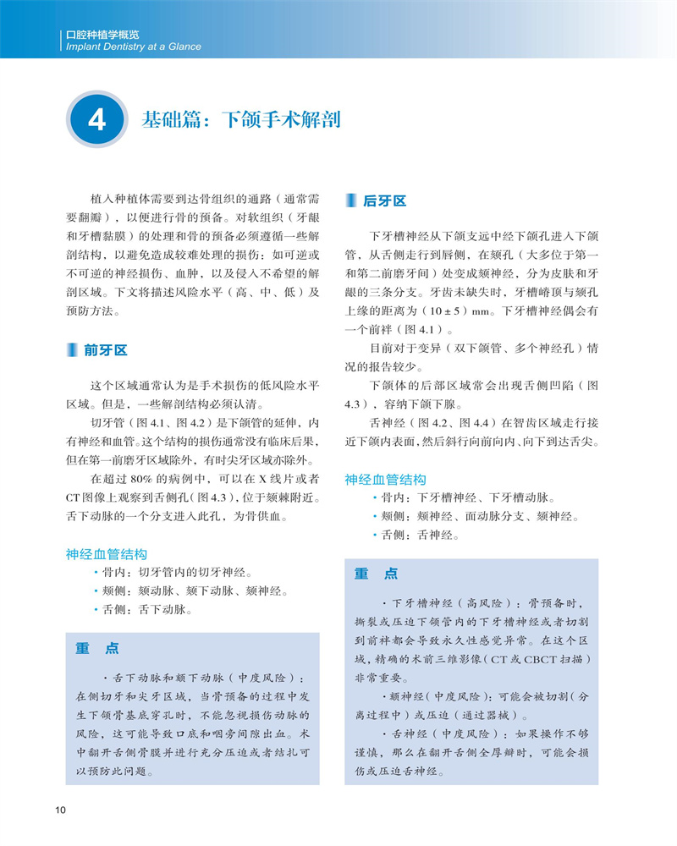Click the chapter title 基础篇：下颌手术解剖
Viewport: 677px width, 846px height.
tap(241, 119)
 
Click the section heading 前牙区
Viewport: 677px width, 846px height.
tap(106, 350)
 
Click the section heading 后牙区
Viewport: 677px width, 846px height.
tap(384, 201)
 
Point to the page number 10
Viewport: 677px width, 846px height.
tap(60, 810)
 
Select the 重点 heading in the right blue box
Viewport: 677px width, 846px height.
tap(376, 574)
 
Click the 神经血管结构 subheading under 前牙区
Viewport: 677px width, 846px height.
tap(107, 554)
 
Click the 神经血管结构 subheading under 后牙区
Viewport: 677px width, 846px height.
tap(385, 480)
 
